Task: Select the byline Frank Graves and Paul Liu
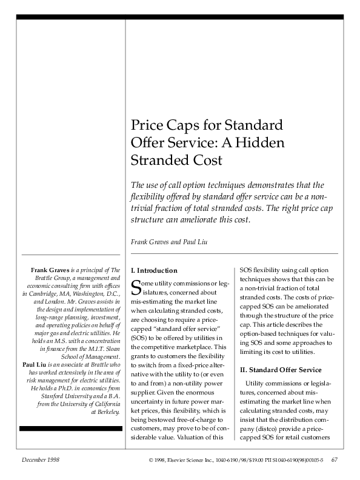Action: click(169, 242)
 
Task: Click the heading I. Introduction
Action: click(154, 270)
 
